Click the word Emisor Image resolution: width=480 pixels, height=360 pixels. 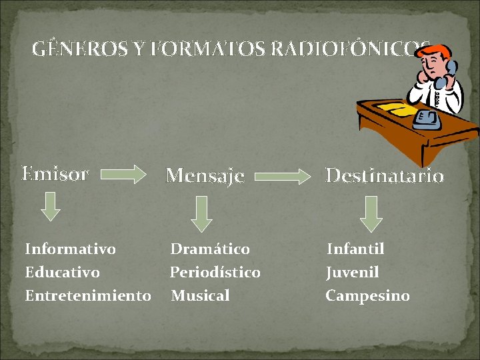pyautogui.click(x=55, y=174)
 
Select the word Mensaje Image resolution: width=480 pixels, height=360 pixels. pyautogui.click(x=205, y=175)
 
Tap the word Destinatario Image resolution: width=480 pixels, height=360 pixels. pyautogui.click(x=384, y=175)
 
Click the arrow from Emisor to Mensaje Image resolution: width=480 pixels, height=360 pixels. pyautogui.click(x=127, y=175)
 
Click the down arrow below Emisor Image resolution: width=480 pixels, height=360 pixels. pyautogui.click(x=48, y=206)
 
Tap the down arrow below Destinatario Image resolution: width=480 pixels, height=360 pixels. pyautogui.click(x=372, y=213)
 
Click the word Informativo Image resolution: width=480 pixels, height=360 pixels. pyautogui.click(x=70, y=249)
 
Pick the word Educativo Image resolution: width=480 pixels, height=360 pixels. pyautogui.click(x=62, y=273)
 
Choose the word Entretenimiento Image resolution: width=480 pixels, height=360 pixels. pyautogui.click(x=88, y=295)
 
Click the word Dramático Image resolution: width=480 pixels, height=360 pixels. pyautogui.click(x=210, y=249)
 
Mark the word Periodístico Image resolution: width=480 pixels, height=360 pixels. pyautogui.click(x=215, y=273)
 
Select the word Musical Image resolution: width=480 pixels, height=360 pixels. pyautogui.click(x=200, y=295)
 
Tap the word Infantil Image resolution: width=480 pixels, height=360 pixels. pyautogui.click(x=355, y=249)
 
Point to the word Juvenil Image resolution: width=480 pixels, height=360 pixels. pyautogui.click(x=352, y=273)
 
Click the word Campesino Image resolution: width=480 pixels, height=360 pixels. pyautogui.click(x=367, y=295)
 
